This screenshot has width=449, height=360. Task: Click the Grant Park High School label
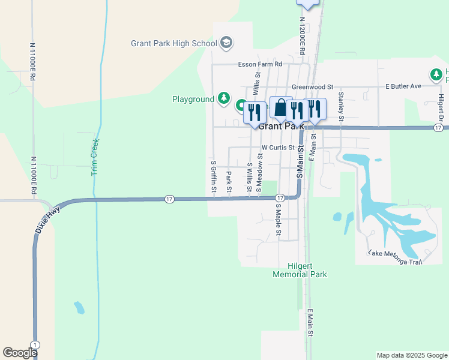coord(173,43)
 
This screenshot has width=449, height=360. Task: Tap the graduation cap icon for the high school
coord(226,43)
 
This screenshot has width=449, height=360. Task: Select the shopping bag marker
coord(280,108)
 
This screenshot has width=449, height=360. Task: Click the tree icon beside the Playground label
coord(223,98)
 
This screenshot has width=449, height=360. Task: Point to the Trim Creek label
coord(94,157)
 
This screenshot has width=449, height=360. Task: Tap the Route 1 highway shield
coord(36,344)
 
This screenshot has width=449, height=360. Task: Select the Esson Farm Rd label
coord(260,64)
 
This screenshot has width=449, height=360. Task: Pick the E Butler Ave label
coord(403,86)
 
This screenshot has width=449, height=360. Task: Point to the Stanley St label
coord(340,106)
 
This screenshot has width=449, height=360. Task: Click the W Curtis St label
coord(278,147)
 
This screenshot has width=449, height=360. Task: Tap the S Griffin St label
coord(214,176)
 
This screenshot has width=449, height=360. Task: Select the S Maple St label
coord(279,220)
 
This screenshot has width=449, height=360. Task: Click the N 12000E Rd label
coord(302,35)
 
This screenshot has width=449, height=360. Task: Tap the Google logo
coord(20,353)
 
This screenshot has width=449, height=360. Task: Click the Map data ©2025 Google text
coord(411,355)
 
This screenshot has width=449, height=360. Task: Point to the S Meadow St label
coord(259,173)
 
